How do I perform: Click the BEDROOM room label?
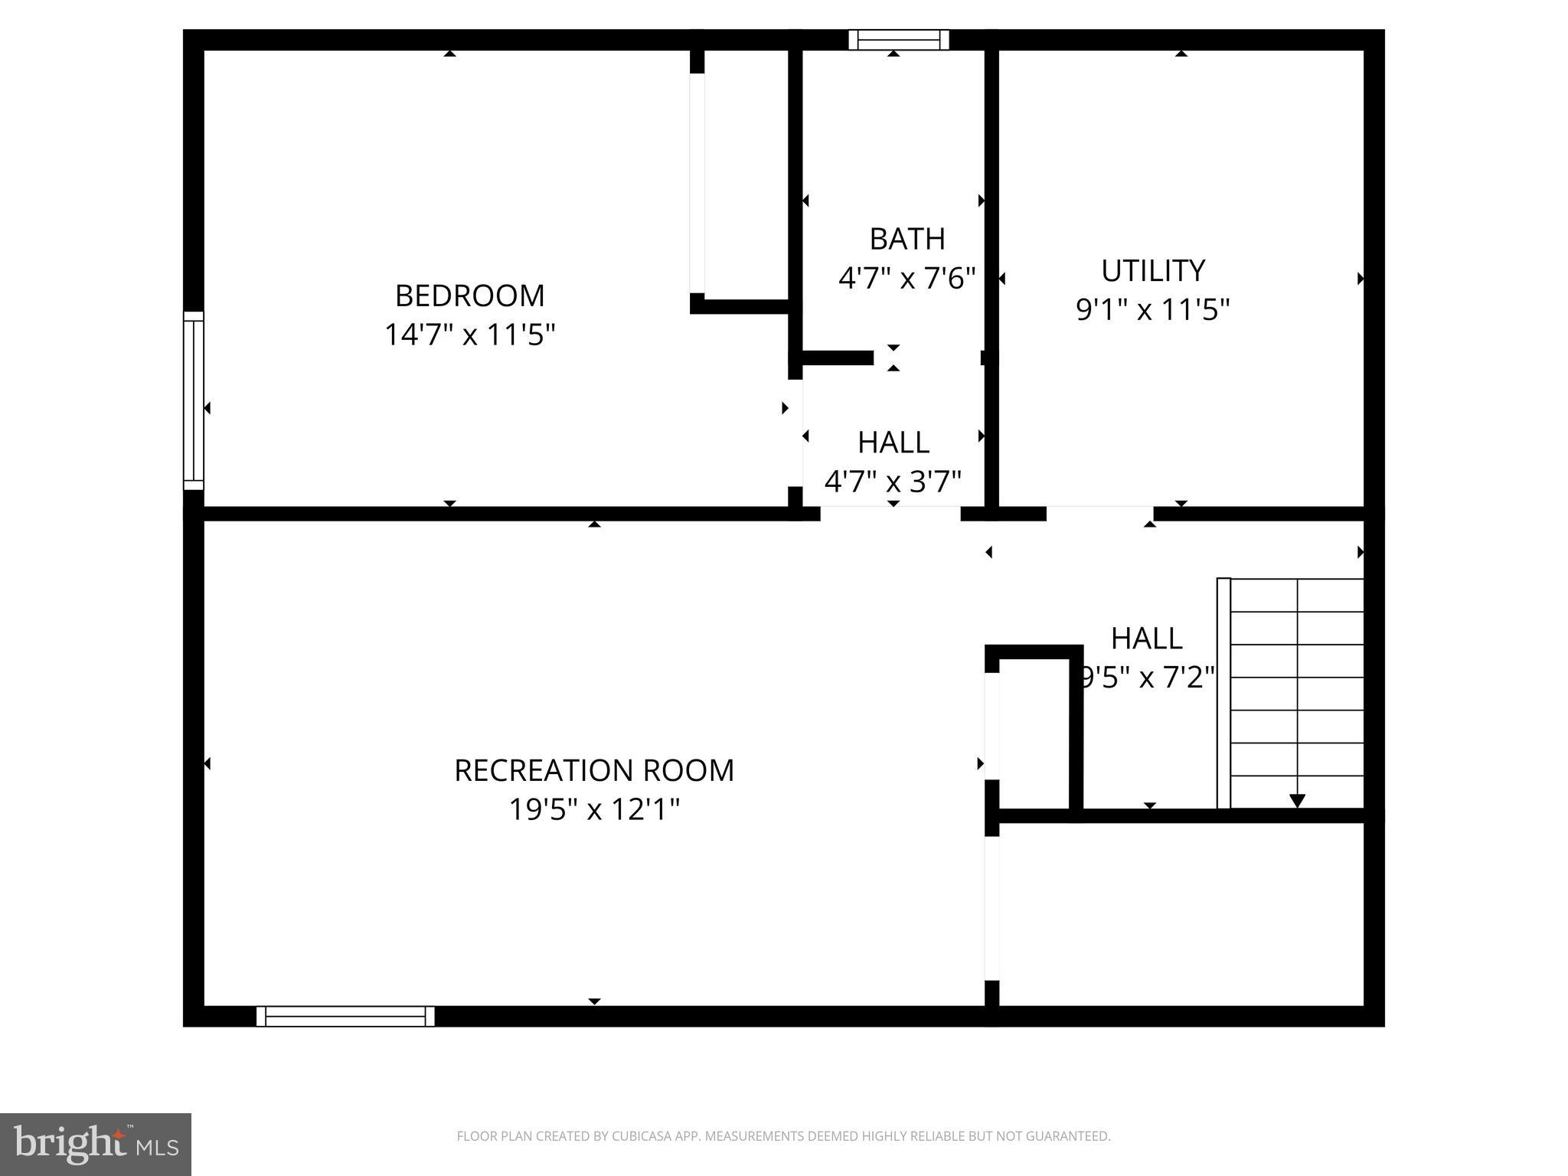pyautogui.click(x=469, y=296)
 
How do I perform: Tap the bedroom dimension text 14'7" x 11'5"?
pyautogui.click(x=469, y=335)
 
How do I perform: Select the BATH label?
pyautogui.click(x=907, y=239)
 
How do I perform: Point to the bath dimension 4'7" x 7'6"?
pyautogui.click(x=907, y=278)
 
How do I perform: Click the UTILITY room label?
pyautogui.click(x=1153, y=270)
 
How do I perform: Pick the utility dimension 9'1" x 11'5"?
pyautogui.click(x=1153, y=310)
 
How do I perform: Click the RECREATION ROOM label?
pyautogui.click(x=594, y=770)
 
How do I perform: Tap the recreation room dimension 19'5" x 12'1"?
pyautogui.click(x=594, y=809)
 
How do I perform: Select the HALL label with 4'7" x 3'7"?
pyautogui.click(x=893, y=443)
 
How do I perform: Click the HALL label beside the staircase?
pyautogui.click(x=1146, y=638)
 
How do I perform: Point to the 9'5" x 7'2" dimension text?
pyautogui.click(x=1146, y=678)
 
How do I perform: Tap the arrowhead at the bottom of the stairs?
pyautogui.click(x=1297, y=801)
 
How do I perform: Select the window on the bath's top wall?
pyautogui.click(x=899, y=40)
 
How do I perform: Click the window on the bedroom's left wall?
pyautogui.click(x=194, y=400)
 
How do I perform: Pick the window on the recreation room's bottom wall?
pyautogui.click(x=345, y=1016)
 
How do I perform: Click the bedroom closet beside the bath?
pyautogui.click(x=746, y=176)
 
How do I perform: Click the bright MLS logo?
pyautogui.click(x=96, y=1145)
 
